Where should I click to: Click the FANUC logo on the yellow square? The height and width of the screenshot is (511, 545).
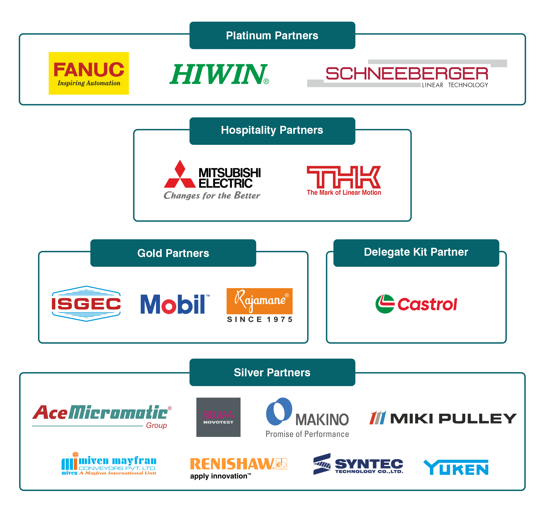pos(89,73)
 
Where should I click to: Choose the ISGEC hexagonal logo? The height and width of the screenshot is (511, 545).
pos(86,303)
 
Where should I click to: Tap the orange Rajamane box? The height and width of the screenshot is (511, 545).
pos(259,301)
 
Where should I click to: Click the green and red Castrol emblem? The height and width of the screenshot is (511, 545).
pos(385,304)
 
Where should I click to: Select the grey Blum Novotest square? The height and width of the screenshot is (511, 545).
pos(218,417)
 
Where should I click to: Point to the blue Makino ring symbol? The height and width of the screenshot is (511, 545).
pos(279,411)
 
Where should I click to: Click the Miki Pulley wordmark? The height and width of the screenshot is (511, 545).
pos(453,419)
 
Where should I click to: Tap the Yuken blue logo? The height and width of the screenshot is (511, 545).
pos(456,468)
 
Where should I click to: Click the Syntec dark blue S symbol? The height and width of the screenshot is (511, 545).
pos(322,464)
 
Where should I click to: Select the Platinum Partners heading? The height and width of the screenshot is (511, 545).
pos(272,36)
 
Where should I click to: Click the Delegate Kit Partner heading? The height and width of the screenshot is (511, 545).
pos(416,252)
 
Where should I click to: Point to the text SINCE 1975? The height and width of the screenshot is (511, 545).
pos(260,319)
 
